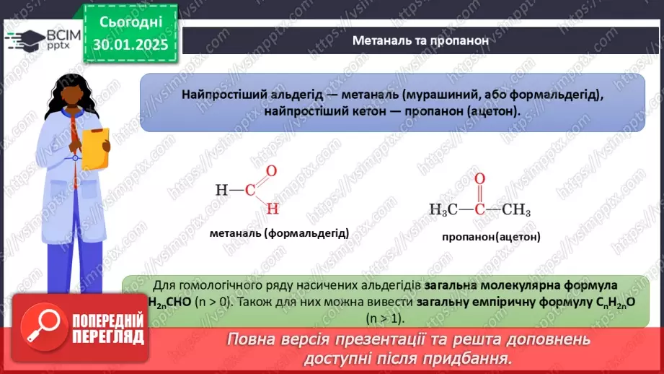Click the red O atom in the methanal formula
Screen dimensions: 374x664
click(x=271, y=171)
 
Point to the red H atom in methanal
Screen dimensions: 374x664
click(x=272, y=209)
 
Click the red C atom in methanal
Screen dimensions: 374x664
click(x=249, y=191)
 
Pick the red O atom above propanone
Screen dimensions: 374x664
click(x=479, y=179)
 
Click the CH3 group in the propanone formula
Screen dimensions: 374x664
click(x=516, y=210)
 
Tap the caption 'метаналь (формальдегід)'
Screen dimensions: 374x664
click(x=279, y=233)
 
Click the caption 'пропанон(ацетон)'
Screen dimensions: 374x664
click(x=491, y=236)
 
